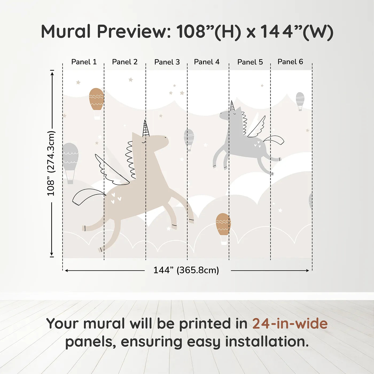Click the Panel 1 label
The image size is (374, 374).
coord(84,62)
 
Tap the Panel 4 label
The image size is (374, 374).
coord(207,62)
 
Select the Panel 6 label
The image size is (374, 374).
coord(290,62)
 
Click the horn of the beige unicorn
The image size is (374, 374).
coord(146,129)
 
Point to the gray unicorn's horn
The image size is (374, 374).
coord(232,106)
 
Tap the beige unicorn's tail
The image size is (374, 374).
coord(88,196)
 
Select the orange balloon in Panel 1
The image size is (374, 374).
coord(96,104)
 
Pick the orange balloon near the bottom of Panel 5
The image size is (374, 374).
coord(223,229)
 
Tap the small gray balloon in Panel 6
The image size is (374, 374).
coord(300,102)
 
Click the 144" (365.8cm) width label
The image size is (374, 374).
coord(186,270)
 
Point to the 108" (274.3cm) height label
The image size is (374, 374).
coord(51,163)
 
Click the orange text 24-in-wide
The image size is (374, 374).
coord(290,324)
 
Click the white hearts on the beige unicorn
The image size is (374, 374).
coord(116,198)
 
